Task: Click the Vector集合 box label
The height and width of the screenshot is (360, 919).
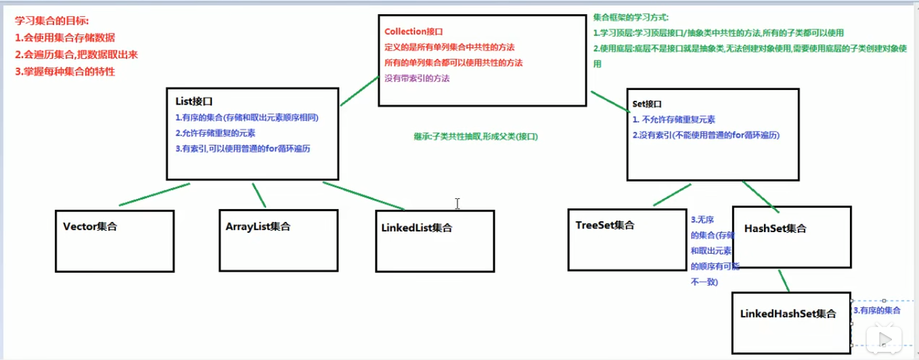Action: click(90, 227)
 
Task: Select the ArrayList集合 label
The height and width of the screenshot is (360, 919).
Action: click(258, 227)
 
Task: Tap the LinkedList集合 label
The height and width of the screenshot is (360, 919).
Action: click(417, 228)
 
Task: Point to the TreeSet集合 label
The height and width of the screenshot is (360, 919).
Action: click(606, 225)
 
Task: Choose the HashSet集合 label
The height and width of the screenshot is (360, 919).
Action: click(775, 229)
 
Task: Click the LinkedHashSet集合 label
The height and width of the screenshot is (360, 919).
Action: click(788, 314)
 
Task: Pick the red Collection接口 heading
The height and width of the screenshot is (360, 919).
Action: click(413, 32)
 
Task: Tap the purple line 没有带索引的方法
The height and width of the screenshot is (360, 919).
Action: click(417, 78)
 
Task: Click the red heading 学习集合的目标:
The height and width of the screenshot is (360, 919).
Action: click(52, 22)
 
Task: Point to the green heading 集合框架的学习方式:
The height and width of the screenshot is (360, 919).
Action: click(630, 18)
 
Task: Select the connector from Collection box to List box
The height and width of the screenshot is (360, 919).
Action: click(359, 91)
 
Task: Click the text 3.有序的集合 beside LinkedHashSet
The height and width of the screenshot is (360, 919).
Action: click(877, 310)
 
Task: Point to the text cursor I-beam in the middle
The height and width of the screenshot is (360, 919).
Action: click(457, 203)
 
